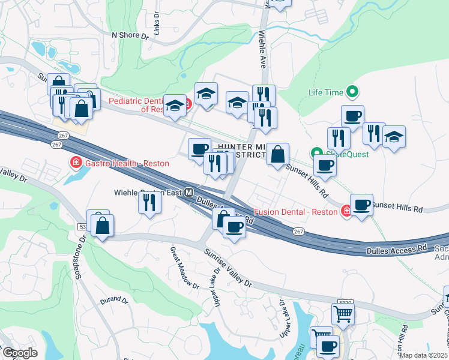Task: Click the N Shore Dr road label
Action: (x=130, y=35)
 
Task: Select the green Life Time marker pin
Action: (x=352, y=92)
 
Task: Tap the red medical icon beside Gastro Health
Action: (x=76, y=163)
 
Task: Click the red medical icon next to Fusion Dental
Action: (x=346, y=211)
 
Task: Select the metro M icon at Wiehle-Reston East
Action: (x=189, y=193)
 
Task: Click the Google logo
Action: (x=20, y=353)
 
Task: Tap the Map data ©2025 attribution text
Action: (x=424, y=355)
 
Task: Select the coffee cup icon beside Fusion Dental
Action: (x=361, y=204)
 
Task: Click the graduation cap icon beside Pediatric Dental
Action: (x=176, y=106)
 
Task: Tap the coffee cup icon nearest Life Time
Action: (x=352, y=115)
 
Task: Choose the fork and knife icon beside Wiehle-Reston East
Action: (x=149, y=202)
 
